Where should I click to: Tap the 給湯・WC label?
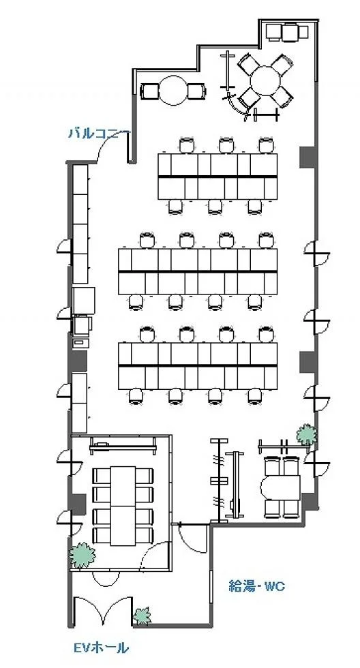point(257,587)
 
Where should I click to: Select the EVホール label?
point(101,648)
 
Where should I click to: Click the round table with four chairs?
point(265,81)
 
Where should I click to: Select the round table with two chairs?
point(173,90)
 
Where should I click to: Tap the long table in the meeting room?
point(123,506)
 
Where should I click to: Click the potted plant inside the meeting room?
point(82,556)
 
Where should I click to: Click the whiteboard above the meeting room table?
point(123,446)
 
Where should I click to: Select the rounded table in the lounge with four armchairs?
point(281,487)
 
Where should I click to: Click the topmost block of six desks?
point(217,177)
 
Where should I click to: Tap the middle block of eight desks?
point(198,271)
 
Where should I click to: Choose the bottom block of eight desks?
point(198,366)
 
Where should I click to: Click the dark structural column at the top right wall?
point(307,157)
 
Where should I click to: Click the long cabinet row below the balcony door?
point(80,224)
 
